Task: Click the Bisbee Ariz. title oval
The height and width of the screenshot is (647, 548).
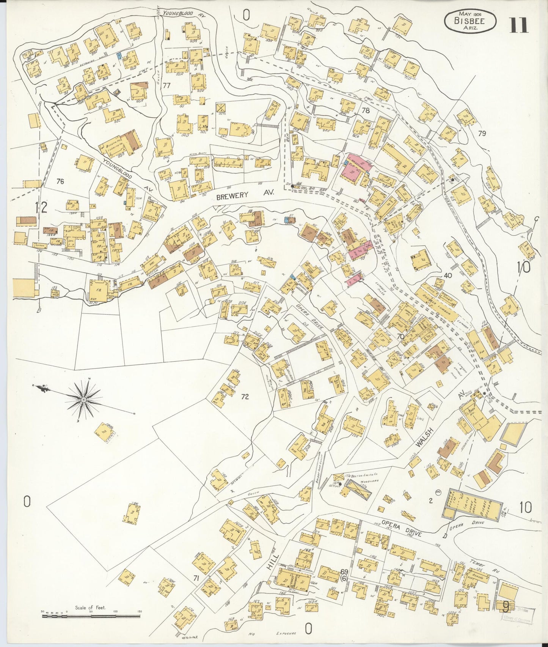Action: point(469,21)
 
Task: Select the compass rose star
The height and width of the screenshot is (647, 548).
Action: point(83,400)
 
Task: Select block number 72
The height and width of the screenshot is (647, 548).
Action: point(245,397)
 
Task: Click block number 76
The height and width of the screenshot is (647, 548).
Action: point(60,181)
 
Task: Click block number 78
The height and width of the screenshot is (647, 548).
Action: point(366,111)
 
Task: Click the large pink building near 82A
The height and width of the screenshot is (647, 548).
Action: point(353,170)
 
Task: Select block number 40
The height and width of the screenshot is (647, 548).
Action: point(448,275)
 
